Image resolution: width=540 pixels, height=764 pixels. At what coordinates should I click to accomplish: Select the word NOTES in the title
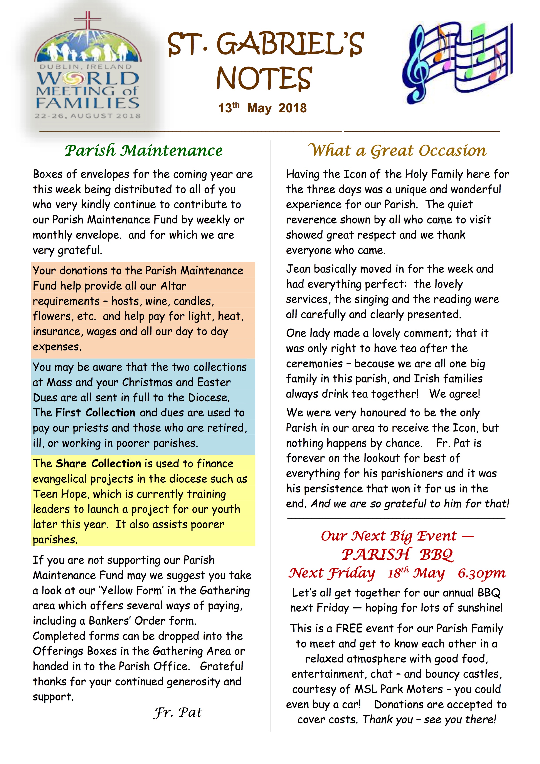(x=264, y=78)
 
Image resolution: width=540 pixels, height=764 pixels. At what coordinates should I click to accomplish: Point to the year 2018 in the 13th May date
(x=293, y=108)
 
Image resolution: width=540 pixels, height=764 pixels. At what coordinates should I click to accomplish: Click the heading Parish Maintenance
(x=144, y=151)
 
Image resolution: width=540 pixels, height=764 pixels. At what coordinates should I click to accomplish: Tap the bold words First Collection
(x=95, y=413)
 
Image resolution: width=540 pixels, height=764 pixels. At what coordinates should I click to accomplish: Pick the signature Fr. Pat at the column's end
(x=178, y=712)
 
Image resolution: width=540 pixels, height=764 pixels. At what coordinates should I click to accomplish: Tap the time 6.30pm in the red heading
(x=481, y=573)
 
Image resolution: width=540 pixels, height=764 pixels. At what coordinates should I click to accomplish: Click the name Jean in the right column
(x=298, y=269)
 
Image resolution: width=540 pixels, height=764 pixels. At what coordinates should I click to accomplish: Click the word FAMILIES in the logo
(x=87, y=103)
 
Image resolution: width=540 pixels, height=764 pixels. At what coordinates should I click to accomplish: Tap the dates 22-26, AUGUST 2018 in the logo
(x=87, y=116)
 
